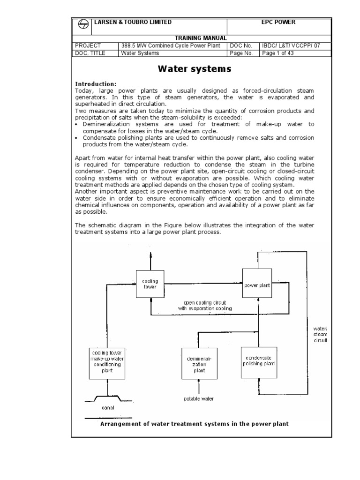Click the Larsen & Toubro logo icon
[82, 26]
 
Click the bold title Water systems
[195, 69]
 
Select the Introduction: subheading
[96, 84]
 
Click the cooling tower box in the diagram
[150, 284]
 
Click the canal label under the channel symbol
[108, 407]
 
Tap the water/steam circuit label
[320, 335]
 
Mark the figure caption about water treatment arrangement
[195, 424]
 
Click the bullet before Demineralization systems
[77, 124]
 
